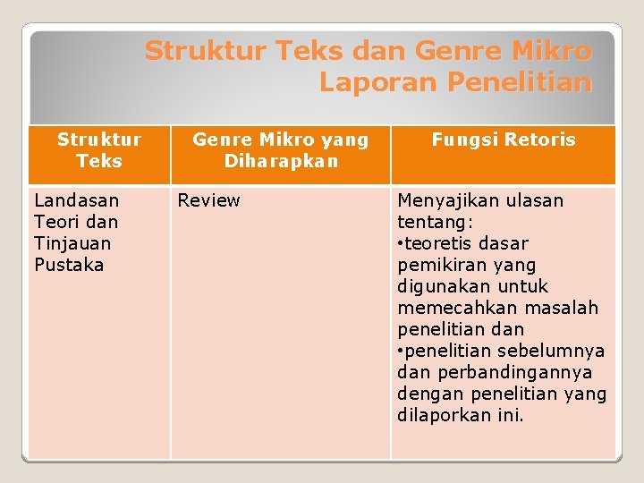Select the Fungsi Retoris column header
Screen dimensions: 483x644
coord(504,140)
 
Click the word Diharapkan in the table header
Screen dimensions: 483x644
coord(281,161)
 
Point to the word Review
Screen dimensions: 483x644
coord(208,200)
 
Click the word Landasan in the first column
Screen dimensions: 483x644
coord(76,200)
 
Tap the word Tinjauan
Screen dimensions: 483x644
coord(72,243)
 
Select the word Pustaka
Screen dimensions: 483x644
coord(69,265)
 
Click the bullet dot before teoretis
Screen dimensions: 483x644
coord(401,243)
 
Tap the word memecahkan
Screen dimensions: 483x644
coord(453,308)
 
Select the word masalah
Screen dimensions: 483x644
coord(563,308)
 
